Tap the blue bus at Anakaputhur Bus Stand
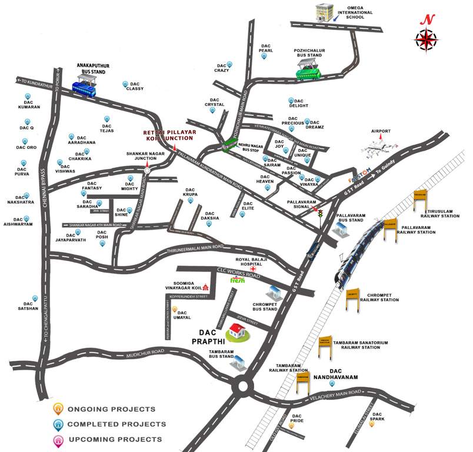point(85,87)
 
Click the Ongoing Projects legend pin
point(58,408)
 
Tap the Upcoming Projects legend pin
point(58,440)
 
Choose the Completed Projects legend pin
point(58,424)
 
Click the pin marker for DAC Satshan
point(35,298)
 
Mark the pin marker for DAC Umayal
point(174,308)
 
